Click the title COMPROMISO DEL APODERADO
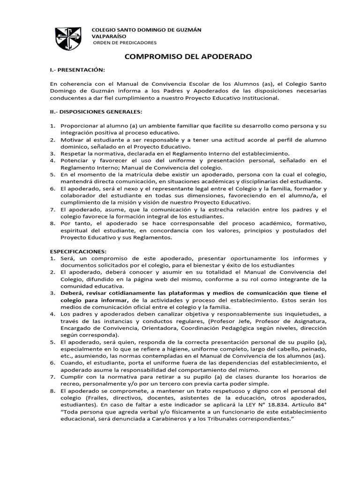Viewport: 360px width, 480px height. click(x=187, y=57)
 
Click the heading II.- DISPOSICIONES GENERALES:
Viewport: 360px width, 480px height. click(x=96, y=112)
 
